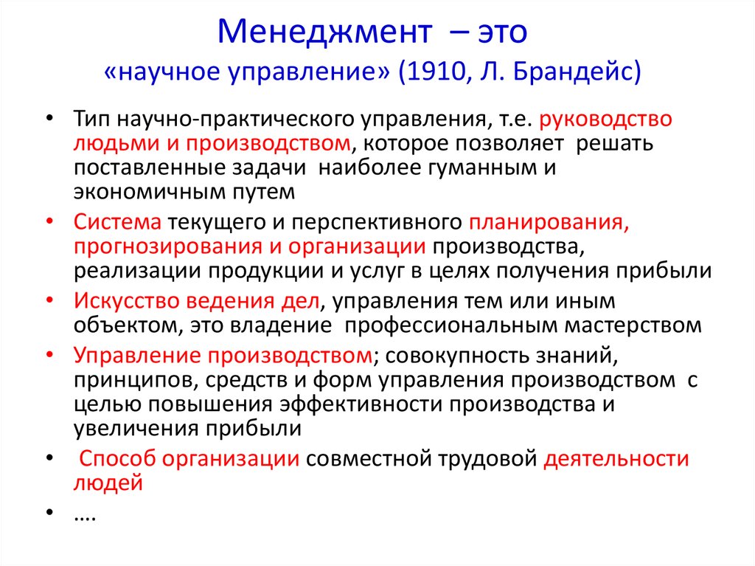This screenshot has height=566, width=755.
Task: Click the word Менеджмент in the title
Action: tap(324, 32)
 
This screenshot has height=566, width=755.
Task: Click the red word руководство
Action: tap(605, 119)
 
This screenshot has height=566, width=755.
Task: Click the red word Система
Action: tap(117, 222)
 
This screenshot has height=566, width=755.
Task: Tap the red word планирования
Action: tap(549, 222)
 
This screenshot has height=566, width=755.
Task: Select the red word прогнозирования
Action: tap(168, 246)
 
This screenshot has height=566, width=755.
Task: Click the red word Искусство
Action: tap(126, 301)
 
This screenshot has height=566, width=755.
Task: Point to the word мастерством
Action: tap(633, 325)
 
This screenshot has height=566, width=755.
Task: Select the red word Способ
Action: tap(117, 458)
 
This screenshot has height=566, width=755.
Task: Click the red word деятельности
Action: tap(616, 458)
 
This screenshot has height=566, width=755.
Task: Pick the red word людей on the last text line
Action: tap(108, 483)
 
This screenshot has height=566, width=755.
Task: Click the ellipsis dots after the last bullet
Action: tap(86, 520)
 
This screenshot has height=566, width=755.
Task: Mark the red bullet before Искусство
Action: tap(50, 301)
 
